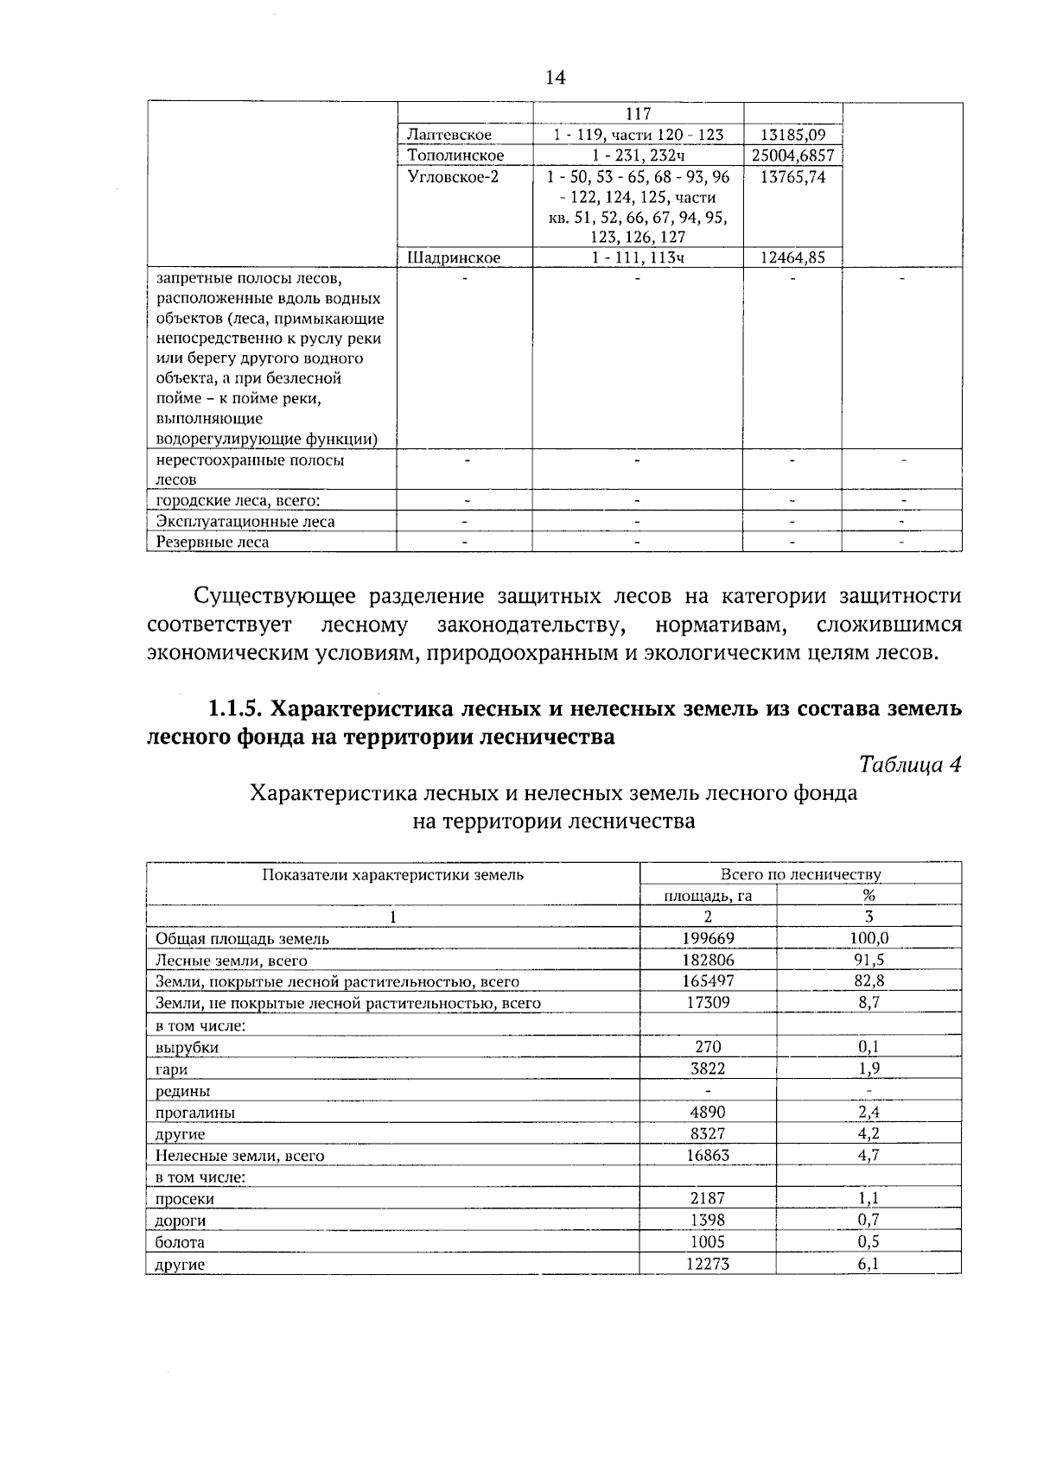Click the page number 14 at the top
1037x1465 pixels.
coord(555,78)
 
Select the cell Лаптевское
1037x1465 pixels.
coord(449,135)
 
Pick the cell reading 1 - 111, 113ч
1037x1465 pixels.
coord(638,257)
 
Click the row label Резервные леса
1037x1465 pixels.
coord(212,542)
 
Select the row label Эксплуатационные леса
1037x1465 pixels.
coord(245,522)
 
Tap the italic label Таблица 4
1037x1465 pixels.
coord(909,764)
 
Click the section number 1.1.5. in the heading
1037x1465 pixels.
coord(234,709)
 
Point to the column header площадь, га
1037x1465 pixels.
coord(708,896)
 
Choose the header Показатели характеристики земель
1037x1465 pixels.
coord(393,874)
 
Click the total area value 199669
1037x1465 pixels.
coord(708,938)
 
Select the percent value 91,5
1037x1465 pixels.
coord(868,960)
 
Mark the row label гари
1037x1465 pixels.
coord(171,1069)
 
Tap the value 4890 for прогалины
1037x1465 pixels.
coord(708,1112)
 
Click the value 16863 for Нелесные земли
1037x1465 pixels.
coord(708,1155)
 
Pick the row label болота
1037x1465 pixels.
coord(180,1242)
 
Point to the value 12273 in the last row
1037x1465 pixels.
coord(708,1264)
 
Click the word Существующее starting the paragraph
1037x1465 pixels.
coord(274,597)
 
